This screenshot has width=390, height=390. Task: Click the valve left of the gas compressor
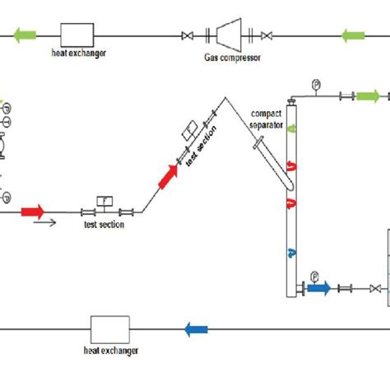(x=188, y=35)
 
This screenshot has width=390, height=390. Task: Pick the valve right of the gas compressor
(x=267, y=35)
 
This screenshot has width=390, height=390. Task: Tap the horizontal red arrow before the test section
(x=32, y=211)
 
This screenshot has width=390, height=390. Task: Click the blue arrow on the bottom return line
(x=196, y=330)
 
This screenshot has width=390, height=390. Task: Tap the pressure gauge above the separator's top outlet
(x=315, y=84)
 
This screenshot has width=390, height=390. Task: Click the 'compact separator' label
(x=267, y=121)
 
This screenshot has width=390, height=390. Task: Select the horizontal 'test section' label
(x=104, y=225)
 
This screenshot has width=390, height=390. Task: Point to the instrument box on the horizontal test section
(x=104, y=200)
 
